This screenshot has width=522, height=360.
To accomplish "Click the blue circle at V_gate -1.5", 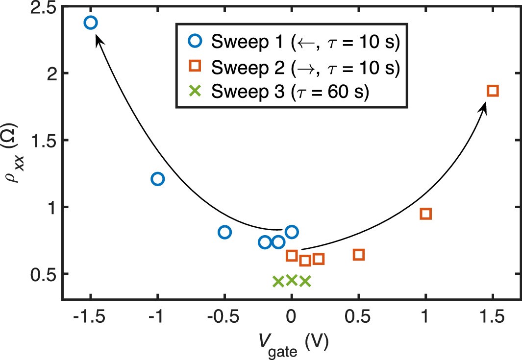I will point(91,23).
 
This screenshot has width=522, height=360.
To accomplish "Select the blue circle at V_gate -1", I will point(157,179).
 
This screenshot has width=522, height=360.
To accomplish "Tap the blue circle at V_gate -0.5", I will point(224,232).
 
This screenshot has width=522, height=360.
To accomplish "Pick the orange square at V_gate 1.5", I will point(493,91).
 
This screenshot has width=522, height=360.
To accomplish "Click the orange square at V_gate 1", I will point(425,214).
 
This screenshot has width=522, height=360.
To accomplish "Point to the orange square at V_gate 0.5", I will point(359,255).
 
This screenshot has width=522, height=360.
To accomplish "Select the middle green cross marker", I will point(292,280).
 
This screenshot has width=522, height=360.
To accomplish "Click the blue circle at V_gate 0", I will point(292,232).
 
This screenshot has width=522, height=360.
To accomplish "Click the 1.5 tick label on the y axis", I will point(42,141).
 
